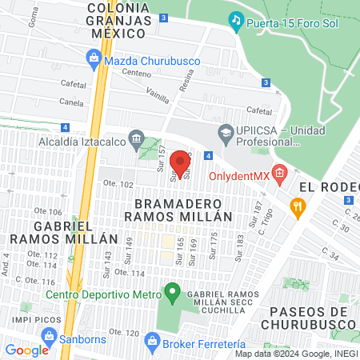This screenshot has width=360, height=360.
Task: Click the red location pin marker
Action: click(181, 162)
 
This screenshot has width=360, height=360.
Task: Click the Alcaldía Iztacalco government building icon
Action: click(136, 142)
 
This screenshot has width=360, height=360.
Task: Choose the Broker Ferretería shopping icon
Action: click(153, 342)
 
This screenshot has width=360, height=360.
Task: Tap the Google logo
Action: click(26, 350)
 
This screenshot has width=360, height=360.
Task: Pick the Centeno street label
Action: click(136, 73)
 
